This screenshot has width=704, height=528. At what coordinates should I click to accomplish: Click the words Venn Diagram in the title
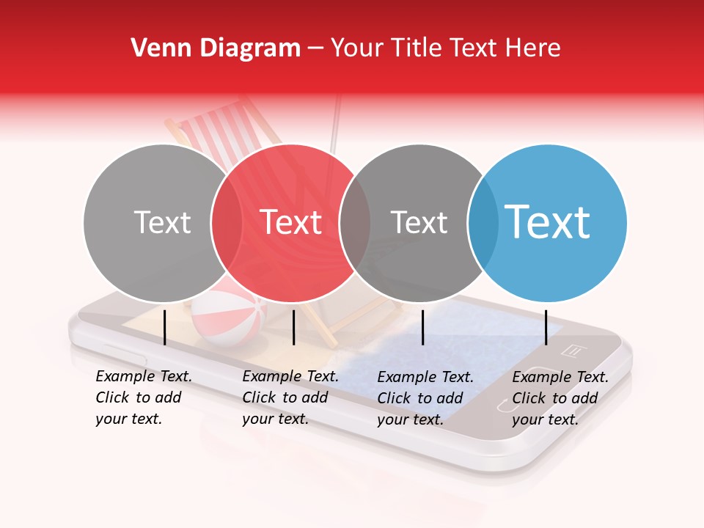pyautogui.click(x=216, y=48)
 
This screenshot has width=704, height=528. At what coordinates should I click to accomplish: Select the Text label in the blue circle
pyautogui.click(x=547, y=222)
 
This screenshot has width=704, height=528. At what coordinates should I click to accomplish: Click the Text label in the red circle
pyautogui.click(x=291, y=222)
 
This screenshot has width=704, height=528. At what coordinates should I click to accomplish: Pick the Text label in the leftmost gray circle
pyautogui.click(x=162, y=222)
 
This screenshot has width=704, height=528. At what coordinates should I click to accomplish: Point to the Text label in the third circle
pyautogui.click(x=419, y=222)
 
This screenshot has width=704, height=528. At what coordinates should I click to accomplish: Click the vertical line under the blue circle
pyautogui.click(x=546, y=327)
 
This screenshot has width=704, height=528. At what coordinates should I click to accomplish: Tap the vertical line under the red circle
pyautogui.click(x=293, y=327)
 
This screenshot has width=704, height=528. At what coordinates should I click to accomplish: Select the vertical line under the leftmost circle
pyautogui.click(x=165, y=327)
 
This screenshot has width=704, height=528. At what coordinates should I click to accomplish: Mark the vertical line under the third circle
pyautogui.click(x=423, y=327)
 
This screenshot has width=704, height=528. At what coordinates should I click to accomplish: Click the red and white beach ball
pyautogui.click(x=220, y=317)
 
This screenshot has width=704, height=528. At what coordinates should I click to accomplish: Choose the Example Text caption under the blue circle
pyautogui.click(x=560, y=398)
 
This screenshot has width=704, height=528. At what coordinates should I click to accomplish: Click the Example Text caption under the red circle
pyautogui.click(x=290, y=397)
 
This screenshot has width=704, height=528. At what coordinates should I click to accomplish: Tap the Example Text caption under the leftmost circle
pyautogui.click(x=144, y=397)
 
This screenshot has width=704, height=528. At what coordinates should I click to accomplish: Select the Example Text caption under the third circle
pyautogui.click(x=425, y=398)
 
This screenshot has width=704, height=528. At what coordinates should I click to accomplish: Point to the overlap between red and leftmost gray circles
pyautogui.click(x=227, y=222)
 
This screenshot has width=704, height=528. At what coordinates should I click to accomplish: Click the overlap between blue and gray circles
pyautogui.click(x=483, y=222)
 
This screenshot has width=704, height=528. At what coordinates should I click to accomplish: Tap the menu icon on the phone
pyautogui.click(x=571, y=351)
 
